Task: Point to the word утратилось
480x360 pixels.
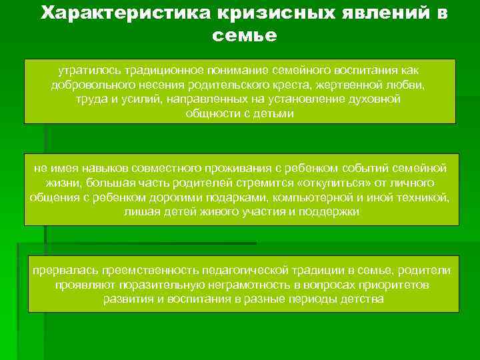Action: point(85,70)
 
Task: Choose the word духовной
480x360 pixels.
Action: point(375,99)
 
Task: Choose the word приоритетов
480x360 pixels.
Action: point(386,285)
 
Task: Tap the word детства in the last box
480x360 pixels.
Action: point(361,299)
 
